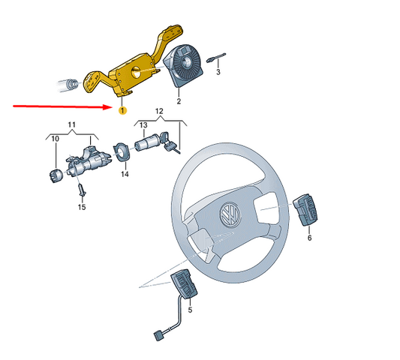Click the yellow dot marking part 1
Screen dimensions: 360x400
click(121, 109)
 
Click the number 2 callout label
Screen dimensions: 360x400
click(179, 101)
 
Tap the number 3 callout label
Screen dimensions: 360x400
click(218, 73)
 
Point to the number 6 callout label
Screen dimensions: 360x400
click(308, 238)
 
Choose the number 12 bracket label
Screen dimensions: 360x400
click(158, 111)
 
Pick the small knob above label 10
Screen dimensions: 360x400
click(54, 176)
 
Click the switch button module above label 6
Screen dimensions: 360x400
click(305, 210)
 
